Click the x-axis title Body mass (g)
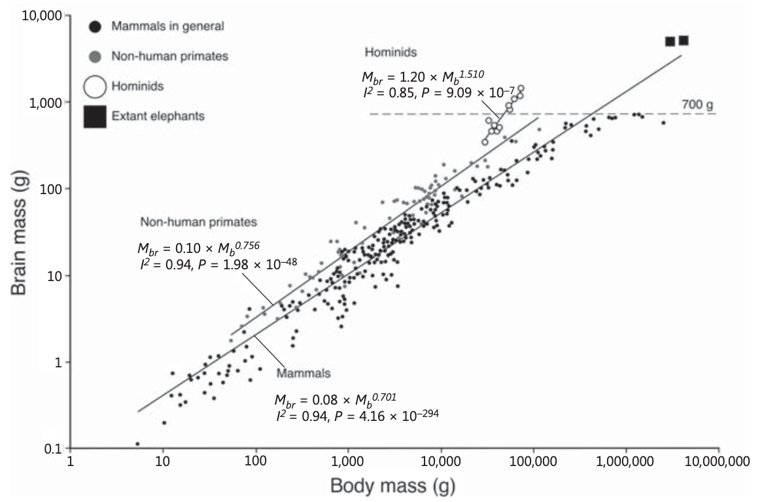coord(392,486)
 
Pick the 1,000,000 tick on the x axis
coord(626,462)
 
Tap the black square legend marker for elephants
coord(95,116)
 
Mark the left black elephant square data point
coord(670,42)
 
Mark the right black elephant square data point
coord(684,41)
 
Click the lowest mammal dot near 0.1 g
coord(137,444)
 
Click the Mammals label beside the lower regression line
coord(303,374)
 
